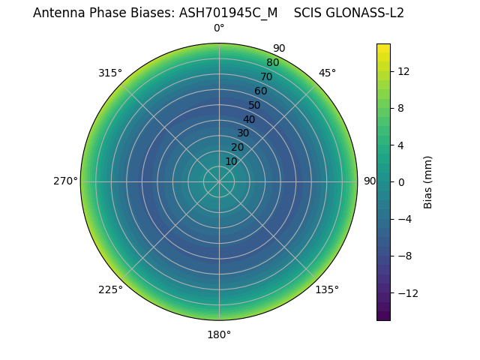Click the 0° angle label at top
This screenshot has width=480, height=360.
219,28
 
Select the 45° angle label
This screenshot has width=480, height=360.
327,73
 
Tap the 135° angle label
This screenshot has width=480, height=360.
327,289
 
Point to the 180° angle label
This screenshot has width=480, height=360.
219,334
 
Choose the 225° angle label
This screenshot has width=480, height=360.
110,289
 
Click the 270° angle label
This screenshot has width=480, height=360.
66,181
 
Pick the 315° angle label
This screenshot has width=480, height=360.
110,73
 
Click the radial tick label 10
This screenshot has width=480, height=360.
231,161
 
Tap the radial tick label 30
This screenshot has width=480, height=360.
243,133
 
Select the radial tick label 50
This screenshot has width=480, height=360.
255,105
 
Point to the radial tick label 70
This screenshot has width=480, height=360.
266,76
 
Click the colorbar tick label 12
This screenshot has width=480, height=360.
403,71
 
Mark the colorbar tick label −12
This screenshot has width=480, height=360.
406,292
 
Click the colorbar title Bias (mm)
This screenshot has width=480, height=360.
428,182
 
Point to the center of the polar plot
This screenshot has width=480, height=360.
219,181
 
